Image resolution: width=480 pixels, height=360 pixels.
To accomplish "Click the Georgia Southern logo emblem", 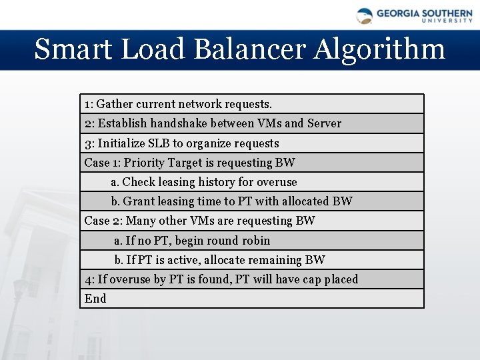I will click(x=365, y=16).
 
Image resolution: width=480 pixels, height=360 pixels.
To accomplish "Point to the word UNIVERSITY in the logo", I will click(x=447, y=21).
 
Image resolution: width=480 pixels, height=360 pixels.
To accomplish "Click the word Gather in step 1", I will click(x=115, y=104).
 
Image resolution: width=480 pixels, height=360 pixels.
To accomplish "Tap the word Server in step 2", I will click(x=324, y=123).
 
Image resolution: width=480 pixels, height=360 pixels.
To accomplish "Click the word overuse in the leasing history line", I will click(x=277, y=182).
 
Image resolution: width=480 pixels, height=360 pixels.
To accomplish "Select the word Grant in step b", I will click(x=138, y=201).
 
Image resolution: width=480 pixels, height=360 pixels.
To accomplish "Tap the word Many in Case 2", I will click(x=140, y=221).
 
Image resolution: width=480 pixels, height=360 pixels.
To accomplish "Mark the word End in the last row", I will click(x=95, y=299).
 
